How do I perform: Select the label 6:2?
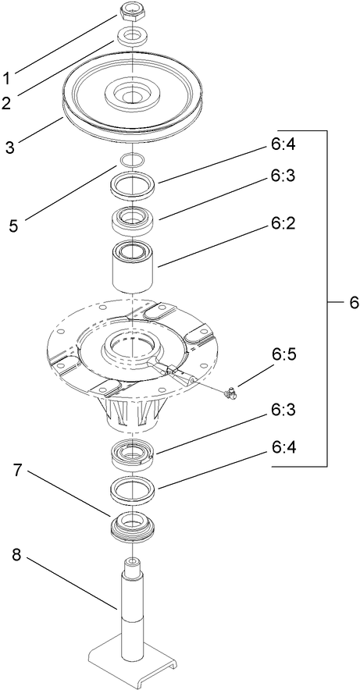[282, 224]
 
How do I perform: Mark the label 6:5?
[282, 354]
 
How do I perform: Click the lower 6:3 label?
[282, 409]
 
